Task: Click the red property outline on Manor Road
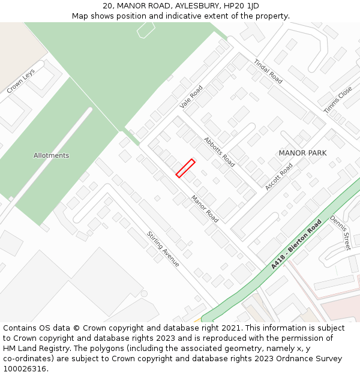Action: (185, 168)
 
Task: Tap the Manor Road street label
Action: (205, 209)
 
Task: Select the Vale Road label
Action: (191, 97)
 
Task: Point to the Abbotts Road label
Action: (219, 151)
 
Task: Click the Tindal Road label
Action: (268, 71)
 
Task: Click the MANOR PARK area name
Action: (302, 153)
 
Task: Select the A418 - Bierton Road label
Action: (296, 244)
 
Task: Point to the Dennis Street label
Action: (340, 233)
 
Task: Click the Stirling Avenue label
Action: (163, 248)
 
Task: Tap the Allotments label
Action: (51, 155)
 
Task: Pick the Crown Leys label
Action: (21, 80)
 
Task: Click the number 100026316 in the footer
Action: (24, 368)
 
